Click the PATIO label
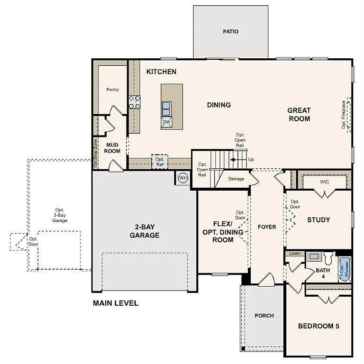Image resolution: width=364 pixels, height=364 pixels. point(230,32)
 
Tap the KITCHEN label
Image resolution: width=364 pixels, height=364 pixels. point(161,72)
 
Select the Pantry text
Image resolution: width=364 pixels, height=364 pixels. point(112,90)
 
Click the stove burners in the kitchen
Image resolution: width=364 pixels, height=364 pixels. point(135,102)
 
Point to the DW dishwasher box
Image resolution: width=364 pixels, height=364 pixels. point(166,122)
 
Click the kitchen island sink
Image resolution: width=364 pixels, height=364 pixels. point(166,109)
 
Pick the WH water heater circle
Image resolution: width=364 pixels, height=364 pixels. point(183,178)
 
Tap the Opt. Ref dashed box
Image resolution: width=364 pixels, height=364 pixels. point(160,162)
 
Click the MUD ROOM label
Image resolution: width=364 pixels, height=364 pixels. point(112,148)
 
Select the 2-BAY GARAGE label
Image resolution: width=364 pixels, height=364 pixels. point(145,231)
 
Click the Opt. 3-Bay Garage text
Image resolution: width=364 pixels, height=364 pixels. point(59,215)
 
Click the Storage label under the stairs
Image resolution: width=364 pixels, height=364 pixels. point(236,179)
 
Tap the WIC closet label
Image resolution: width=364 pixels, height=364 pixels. point(325,182)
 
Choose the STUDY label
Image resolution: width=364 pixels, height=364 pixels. point(318,220)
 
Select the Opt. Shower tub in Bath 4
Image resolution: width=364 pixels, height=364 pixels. point(344,270)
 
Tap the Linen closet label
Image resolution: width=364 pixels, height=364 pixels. point(295,254)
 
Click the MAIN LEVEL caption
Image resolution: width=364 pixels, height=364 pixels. point(116,303)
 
